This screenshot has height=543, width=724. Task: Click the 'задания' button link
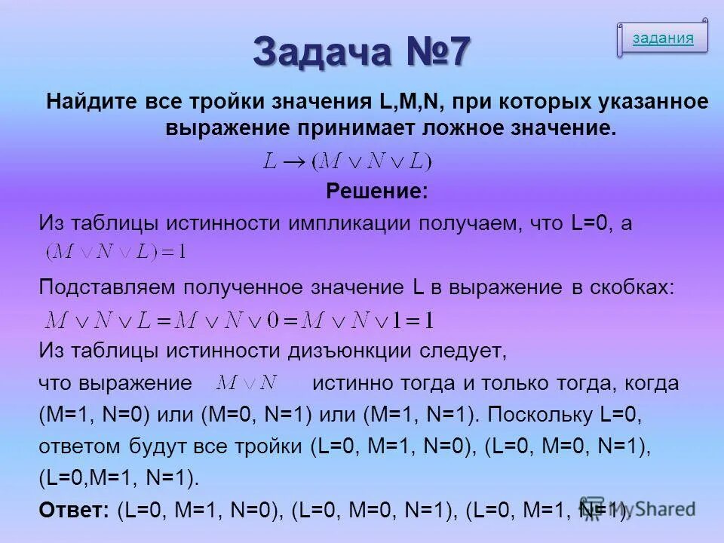coord(663,38)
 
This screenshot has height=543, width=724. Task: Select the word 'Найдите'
coord(91,102)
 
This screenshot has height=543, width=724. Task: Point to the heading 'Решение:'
coord(376,192)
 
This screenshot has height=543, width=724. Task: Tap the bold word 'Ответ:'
coord(75,510)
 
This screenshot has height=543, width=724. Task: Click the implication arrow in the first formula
coord(295,161)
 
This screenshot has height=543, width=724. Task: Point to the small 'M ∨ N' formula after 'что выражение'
coord(247,382)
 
